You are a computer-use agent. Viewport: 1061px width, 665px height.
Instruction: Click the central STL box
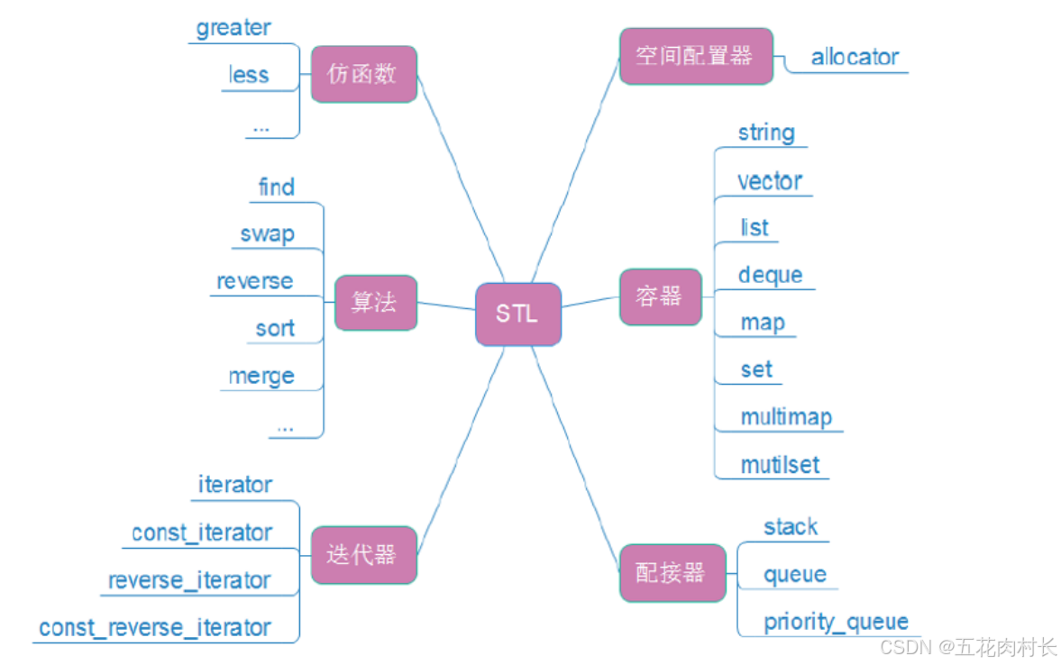pos(518,314)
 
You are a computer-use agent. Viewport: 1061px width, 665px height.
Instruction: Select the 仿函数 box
pos(363,74)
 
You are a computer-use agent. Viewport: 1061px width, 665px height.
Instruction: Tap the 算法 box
pos(375,303)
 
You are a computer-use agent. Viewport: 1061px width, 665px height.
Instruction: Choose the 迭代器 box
pos(362,554)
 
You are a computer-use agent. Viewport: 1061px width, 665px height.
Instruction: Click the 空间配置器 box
pos(695,56)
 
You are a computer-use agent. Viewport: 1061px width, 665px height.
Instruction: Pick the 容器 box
pos(660,296)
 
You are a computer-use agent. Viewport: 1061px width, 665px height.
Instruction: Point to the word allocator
pos(855,58)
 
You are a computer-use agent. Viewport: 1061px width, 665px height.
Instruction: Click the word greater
pos(233,28)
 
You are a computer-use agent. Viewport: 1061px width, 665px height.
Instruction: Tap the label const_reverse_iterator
pos(155,628)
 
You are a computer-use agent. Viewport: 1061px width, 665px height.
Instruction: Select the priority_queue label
pos(836,622)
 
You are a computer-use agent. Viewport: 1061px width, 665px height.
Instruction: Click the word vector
pos(769,181)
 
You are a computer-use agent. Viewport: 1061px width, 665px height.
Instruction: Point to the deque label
pos(770,275)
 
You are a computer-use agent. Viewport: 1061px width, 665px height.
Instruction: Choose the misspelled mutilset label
pos(780,465)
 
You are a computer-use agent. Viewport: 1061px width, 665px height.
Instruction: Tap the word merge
pos(261,376)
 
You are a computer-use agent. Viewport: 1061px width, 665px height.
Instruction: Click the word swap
pos(267,234)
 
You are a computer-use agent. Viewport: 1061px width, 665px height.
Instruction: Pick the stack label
pos(791,527)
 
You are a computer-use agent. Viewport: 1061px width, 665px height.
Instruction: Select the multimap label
pos(786,417)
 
